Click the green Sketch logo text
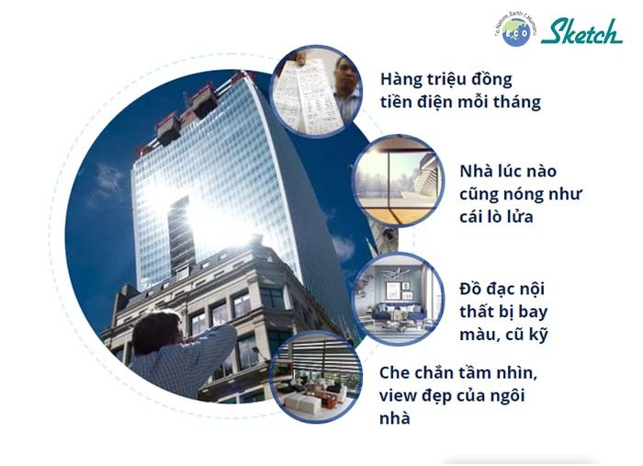[581, 31]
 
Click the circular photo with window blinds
[315, 377]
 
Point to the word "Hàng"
[400, 80]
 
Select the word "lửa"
[521, 217]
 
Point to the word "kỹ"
[538, 335]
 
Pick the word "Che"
[394, 373]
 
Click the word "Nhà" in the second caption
[476, 171]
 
